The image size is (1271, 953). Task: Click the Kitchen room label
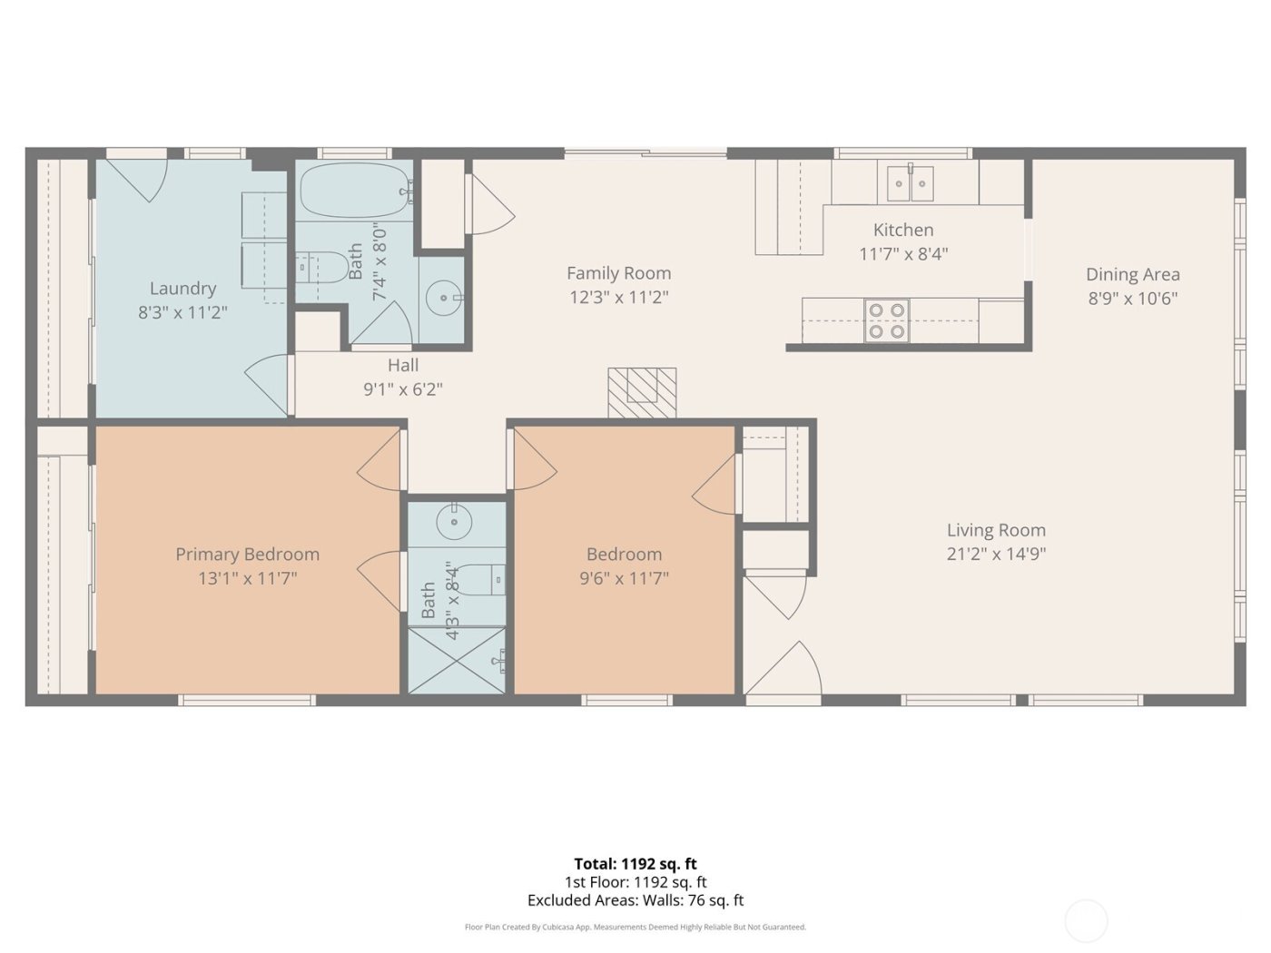[902, 231]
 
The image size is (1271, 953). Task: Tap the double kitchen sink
[911, 184]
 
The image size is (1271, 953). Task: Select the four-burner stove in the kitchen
[887, 320]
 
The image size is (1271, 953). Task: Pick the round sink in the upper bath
[443, 297]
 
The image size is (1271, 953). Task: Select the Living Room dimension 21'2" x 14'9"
[996, 555]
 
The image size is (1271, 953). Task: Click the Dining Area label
[1132, 274]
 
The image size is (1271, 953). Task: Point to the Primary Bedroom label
[247, 554]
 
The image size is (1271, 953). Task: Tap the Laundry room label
[182, 289]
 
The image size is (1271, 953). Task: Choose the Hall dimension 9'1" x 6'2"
[403, 389]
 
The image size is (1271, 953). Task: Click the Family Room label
[618, 272]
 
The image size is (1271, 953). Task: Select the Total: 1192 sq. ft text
[635, 864]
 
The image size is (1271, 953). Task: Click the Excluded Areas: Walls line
[635, 900]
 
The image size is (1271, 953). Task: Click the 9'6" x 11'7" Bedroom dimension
[624, 577]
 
